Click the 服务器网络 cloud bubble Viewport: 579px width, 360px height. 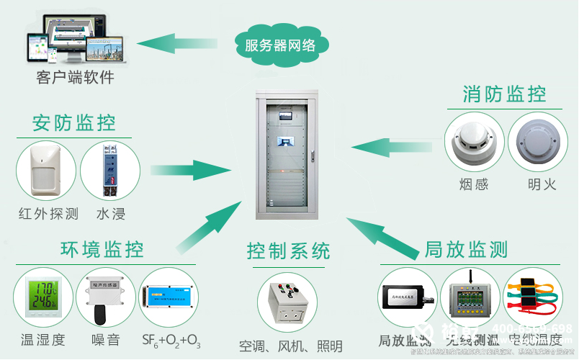tap(280, 45)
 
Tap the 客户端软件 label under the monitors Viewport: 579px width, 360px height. tap(75, 77)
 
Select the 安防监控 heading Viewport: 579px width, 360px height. tap(74, 122)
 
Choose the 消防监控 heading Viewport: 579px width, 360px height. tap(504, 94)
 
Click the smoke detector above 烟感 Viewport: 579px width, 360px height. tap(472, 142)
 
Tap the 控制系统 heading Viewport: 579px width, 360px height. tap(289, 251)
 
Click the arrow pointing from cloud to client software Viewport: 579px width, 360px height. tap(180, 44)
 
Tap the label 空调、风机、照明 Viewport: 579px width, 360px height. tap(290, 346)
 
